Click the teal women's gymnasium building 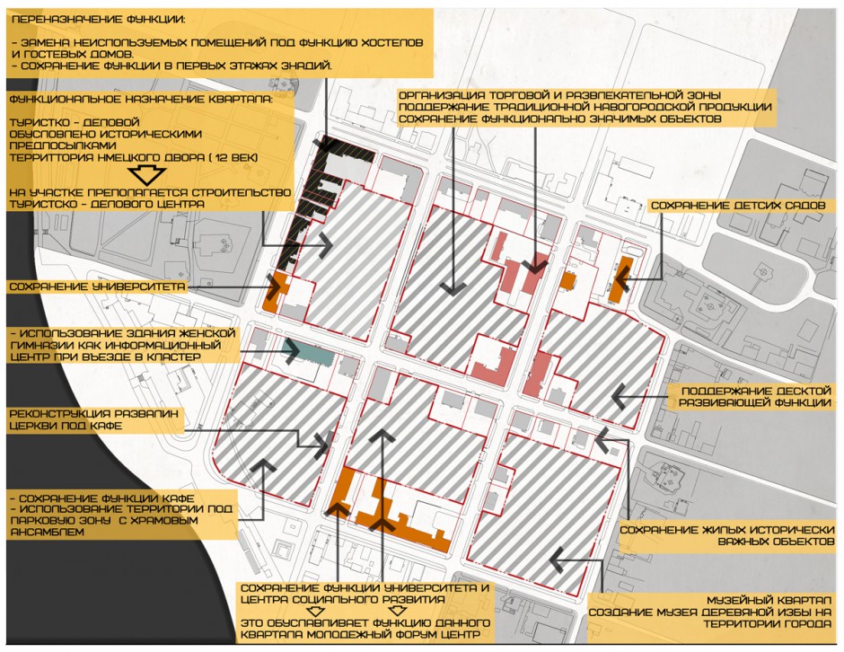click(x=310, y=352)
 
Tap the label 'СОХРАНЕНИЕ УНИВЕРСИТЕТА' click(x=98, y=286)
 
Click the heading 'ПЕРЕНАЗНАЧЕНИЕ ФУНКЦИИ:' click(x=98, y=20)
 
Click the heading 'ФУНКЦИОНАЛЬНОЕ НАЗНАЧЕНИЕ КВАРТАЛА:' click(x=141, y=99)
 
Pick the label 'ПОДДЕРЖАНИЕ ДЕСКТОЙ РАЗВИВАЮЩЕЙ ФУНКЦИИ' click(x=754, y=397)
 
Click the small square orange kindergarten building click(x=568, y=280)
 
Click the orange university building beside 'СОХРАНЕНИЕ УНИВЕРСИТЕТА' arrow click(x=277, y=292)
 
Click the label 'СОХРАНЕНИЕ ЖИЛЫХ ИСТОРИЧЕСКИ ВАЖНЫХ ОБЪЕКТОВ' click(x=726, y=536)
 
